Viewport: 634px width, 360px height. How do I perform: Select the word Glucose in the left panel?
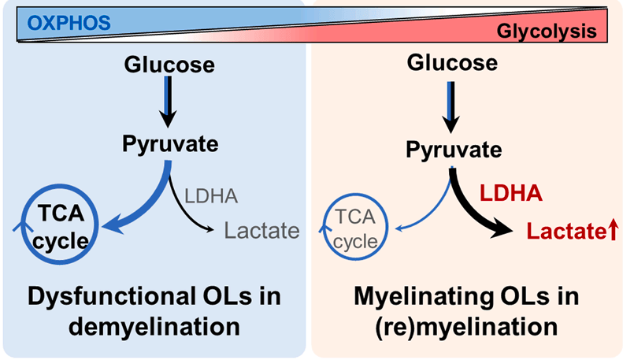tap(169, 63)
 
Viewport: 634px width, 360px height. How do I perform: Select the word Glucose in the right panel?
tap(452, 63)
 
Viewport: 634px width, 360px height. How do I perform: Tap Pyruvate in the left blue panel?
tap(169, 144)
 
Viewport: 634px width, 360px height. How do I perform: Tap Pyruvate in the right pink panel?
tap(452, 149)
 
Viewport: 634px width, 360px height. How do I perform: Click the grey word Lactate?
tap(262, 231)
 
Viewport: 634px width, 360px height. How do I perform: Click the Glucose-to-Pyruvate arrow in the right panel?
tap(452, 106)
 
